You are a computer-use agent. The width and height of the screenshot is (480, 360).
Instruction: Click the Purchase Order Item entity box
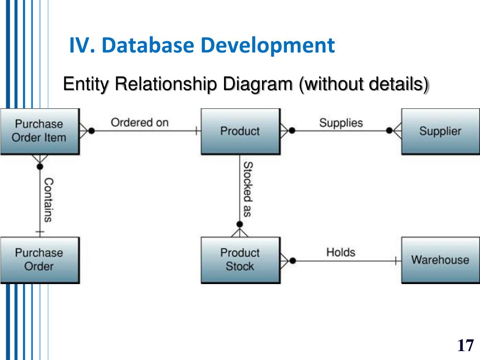(39, 131)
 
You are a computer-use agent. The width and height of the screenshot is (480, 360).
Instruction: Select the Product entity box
(240, 131)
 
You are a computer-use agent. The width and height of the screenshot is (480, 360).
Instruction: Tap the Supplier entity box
(440, 131)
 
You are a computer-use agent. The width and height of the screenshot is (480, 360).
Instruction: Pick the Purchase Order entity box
(39, 260)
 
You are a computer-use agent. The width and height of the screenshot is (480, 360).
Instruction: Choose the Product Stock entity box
(240, 260)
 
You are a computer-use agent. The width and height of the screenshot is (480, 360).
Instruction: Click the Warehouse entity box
(440, 260)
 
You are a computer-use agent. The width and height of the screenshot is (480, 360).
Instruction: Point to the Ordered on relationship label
(139, 123)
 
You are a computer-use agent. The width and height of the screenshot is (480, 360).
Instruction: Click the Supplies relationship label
(341, 123)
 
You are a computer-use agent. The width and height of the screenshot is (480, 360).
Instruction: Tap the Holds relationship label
(341, 252)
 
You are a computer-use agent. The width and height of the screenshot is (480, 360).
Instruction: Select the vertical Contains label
(48, 199)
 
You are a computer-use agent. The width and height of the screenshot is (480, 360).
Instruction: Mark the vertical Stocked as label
(248, 189)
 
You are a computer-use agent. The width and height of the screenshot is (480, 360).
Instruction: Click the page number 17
(465, 346)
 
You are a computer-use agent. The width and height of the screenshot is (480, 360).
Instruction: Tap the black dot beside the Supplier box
(390, 131)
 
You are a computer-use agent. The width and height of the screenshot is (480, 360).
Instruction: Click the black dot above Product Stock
(240, 224)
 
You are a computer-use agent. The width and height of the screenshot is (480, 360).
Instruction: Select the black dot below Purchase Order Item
(40, 166)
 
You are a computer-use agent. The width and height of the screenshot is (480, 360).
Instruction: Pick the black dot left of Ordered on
(91, 131)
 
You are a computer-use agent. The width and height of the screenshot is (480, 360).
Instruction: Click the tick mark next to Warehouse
(396, 260)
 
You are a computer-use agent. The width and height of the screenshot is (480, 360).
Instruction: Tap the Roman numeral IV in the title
(82, 45)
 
